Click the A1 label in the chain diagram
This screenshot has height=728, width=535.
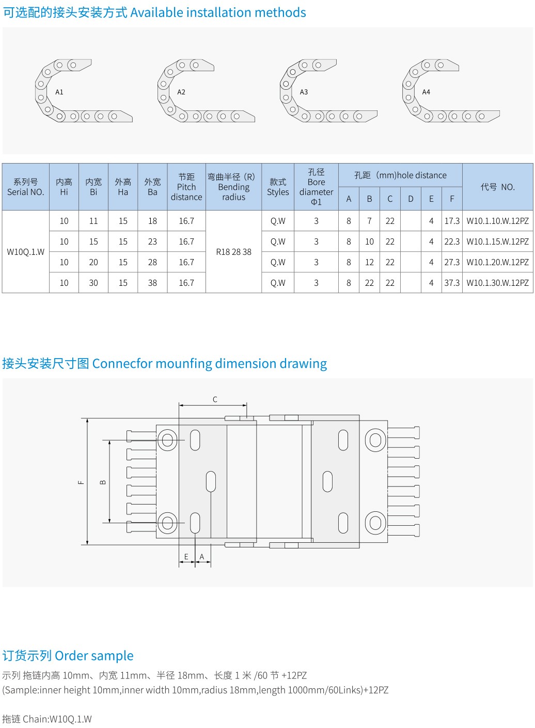point(59,92)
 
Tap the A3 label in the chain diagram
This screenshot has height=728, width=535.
point(304,92)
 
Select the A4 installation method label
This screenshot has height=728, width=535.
point(426,92)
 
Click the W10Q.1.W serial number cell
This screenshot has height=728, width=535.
point(26,252)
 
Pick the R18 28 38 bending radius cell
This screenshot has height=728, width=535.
point(233,252)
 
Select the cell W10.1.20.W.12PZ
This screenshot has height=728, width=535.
point(497,262)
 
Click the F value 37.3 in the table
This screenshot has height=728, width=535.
point(452,283)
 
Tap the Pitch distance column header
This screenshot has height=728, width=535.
point(186,187)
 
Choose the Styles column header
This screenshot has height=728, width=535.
point(278,187)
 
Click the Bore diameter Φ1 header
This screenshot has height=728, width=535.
point(316,187)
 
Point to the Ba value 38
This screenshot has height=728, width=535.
point(152,283)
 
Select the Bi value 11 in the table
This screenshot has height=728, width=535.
point(93,221)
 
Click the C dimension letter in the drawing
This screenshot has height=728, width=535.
point(215,399)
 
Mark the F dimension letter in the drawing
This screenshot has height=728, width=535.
point(81,482)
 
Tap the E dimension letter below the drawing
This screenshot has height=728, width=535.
point(186,557)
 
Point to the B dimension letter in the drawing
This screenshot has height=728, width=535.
point(103,482)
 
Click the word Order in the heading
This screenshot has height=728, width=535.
point(71,656)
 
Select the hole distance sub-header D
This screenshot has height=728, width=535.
point(411,199)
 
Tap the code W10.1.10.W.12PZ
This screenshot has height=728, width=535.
point(497,221)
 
